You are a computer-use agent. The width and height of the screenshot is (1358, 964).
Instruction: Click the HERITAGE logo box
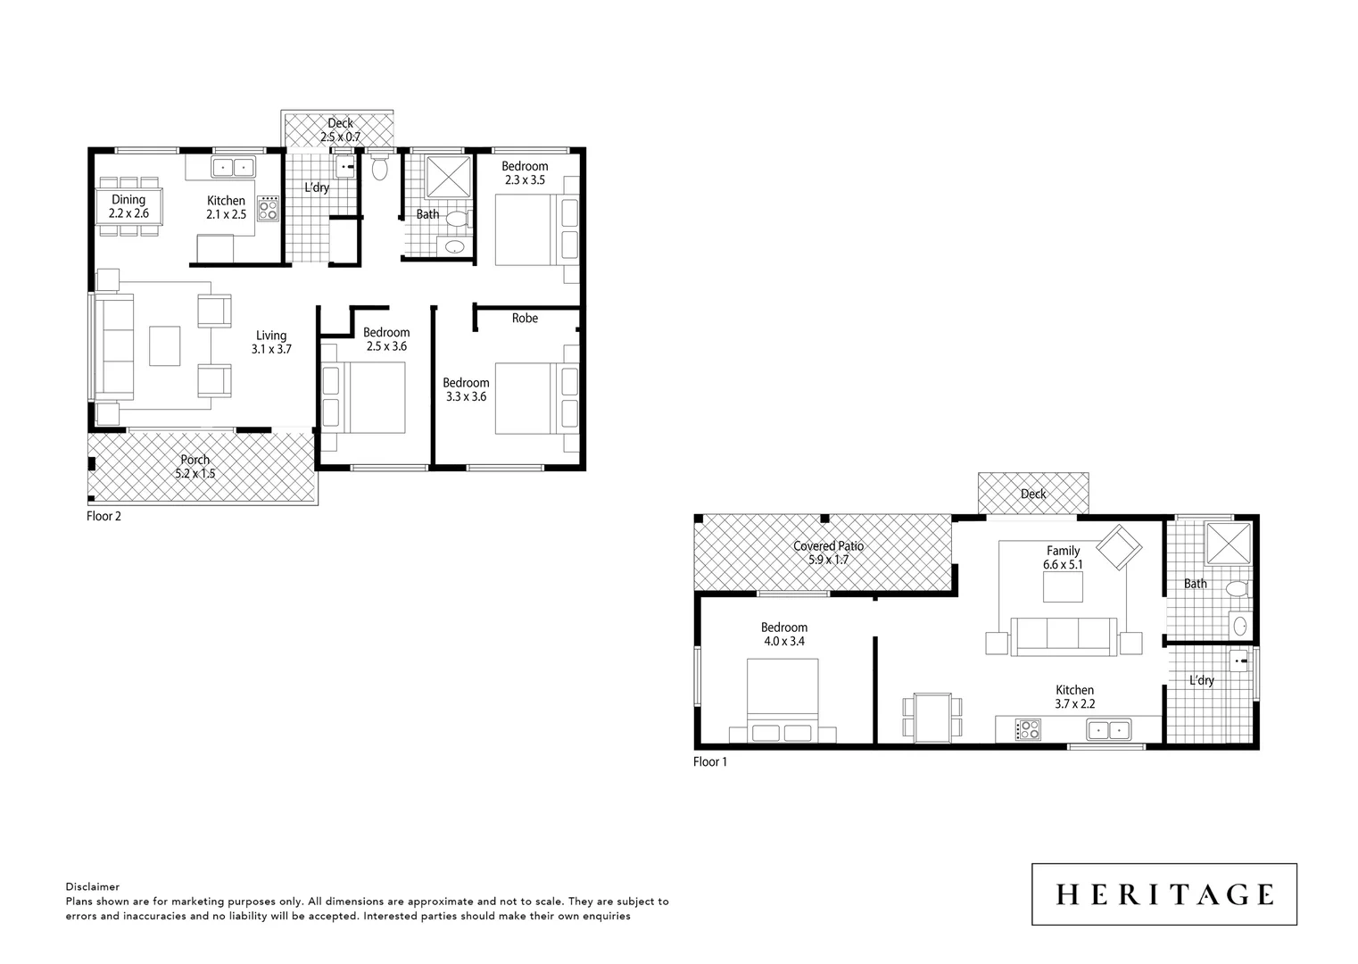(x=1163, y=893)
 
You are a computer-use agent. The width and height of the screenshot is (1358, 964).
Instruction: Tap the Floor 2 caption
(x=104, y=516)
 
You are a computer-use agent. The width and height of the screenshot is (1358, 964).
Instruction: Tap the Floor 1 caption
(x=710, y=762)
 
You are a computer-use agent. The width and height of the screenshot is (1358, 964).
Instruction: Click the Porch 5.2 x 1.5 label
(x=195, y=467)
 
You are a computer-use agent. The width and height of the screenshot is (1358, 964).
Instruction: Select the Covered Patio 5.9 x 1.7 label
(x=828, y=553)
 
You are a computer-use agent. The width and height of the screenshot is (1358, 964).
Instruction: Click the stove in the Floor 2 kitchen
(x=268, y=208)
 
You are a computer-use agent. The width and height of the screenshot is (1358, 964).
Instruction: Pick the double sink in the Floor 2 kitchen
(x=234, y=167)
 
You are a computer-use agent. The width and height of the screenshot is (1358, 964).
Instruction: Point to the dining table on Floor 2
(x=129, y=207)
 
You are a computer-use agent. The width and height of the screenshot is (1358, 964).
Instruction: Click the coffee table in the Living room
(x=164, y=346)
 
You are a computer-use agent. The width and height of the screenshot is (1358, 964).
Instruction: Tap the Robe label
(x=525, y=318)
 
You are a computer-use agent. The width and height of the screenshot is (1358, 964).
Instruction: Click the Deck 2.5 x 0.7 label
(x=340, y=130)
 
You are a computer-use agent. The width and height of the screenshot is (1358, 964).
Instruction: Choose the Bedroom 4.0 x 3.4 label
(x=783, y=634)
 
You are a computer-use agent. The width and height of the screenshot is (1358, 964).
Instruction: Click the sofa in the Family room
(x=1063, y=636)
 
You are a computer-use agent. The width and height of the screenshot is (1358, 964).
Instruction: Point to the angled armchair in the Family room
(x=1119, y=547)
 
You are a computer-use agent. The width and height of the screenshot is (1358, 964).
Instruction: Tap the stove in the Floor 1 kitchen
(x=1028, y=730)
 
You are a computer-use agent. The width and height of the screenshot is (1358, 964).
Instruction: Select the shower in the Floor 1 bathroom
(x=1228, y=543)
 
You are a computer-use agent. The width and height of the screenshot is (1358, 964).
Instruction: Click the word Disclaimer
(x=92, y=887)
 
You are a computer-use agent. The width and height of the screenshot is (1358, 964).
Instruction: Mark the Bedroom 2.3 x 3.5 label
(x=525, y=172)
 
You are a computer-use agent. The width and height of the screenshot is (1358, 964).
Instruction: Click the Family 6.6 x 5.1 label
(x=1063, y=558)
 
